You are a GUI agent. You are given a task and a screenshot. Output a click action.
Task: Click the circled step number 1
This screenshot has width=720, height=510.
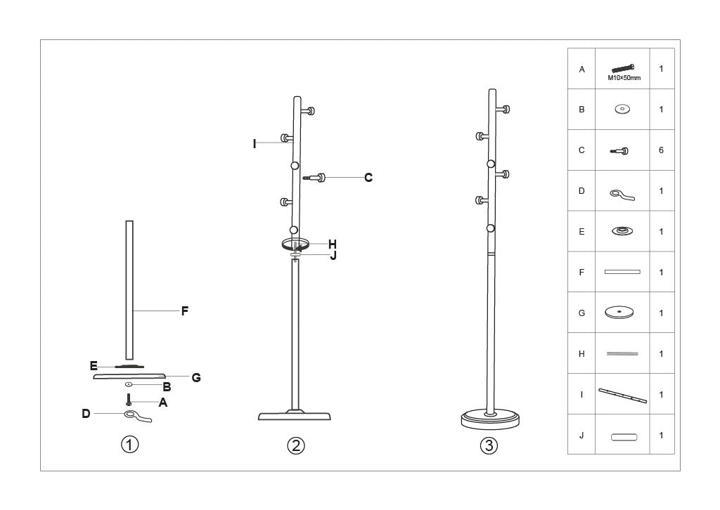point(129,445)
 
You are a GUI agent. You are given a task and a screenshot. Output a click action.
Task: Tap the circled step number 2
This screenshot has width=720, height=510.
point(296,445)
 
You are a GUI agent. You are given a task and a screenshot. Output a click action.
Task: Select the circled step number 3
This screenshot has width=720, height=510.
point(489,445)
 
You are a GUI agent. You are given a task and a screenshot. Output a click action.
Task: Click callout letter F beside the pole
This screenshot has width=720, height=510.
point(185,311)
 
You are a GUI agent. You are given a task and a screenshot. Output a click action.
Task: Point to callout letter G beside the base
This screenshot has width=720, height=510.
point(196,378)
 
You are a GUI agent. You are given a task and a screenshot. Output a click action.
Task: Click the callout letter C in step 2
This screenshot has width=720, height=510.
point(368,178)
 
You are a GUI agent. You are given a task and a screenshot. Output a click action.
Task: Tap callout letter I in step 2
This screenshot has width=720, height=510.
point(255,144)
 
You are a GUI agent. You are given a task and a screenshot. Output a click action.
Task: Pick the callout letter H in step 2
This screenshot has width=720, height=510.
point(333,244)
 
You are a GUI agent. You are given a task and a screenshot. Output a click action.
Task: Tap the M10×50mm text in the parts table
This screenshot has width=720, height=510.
point(623,78)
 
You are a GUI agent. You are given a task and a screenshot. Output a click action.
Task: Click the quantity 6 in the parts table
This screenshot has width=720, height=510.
point(661,150)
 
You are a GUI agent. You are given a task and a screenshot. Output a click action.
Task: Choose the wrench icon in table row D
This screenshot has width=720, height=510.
point(622,194)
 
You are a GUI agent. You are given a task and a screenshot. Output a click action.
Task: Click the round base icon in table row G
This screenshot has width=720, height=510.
point(622,313)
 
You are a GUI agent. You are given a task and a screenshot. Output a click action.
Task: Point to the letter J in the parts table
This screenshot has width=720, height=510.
point(581,436)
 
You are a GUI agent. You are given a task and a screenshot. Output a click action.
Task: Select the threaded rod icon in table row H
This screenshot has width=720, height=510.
point(622,354)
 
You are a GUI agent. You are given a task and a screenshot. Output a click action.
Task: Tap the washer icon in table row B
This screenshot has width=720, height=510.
point(622,110)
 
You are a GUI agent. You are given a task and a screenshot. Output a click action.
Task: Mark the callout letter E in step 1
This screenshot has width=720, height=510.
point(94,366)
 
